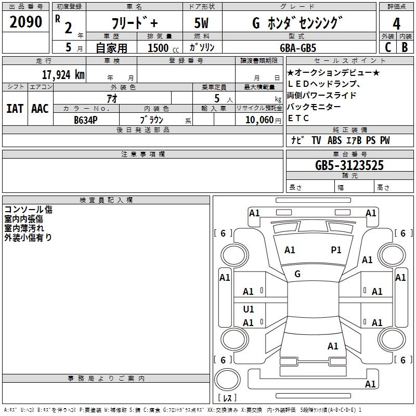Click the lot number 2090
coord(26,22)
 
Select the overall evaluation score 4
coord(396,23)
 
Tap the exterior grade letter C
coord(387,47)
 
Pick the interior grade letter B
coord(405,47)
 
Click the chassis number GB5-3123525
coord(349,166)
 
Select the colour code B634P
coord(85,120)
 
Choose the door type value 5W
coord(202,24)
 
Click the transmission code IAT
coord(15,108)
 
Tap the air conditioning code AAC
coord(40,108)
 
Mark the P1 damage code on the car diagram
coord(336,250)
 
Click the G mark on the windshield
coord(297,274)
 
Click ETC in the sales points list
coord(298,118)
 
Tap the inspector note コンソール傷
coord(28,210)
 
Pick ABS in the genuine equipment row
coord(334,140)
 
